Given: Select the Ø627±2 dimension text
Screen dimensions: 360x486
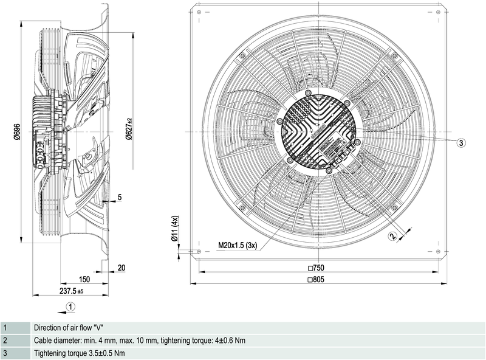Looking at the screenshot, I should pyautogui.click(x=129, y=129).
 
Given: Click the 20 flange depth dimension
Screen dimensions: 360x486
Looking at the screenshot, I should pyautogui.click(x=121, y=268).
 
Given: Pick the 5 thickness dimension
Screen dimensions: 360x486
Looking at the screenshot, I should pyautogui.click(x=120, y=197).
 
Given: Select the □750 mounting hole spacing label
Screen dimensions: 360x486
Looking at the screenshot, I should pyautogui.click(x=318, y=268).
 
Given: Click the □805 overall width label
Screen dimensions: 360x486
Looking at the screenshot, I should pyautogui.click(x=318, y=280).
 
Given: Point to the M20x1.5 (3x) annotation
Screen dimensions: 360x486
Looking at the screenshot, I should pyautogui.click(x=238, y=246).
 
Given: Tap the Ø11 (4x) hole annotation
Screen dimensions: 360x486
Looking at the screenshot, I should pyautogui.click(x=174, y=229).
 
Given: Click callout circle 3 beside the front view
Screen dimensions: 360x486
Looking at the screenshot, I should pyautogui.click(x=461, y=142).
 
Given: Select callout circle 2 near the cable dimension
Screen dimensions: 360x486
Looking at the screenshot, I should pyautogui.click(x=392, y=237).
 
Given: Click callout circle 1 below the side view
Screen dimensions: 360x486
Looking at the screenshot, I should pyautogui.click(x=71, y=306).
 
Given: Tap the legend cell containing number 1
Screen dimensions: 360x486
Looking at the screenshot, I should pyautogui.click(x=15, y=327).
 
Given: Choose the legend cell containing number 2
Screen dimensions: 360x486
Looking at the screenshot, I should pyautogui.click(x=15, y=341).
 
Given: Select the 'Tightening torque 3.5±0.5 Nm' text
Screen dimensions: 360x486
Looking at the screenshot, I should pyautogui.click(x=80, y=353).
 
